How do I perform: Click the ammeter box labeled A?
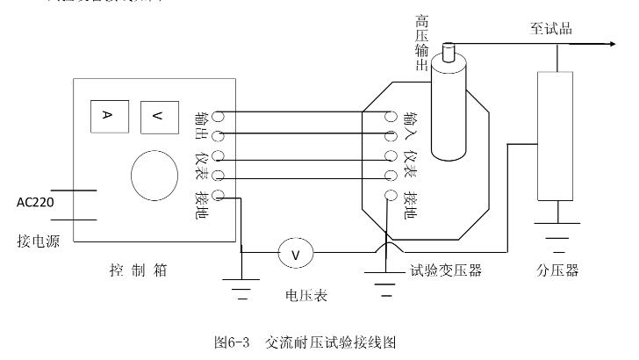(x=106, y=117)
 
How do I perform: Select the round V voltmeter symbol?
(x=295, y=254)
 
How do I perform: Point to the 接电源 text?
(x=36, y=239)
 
